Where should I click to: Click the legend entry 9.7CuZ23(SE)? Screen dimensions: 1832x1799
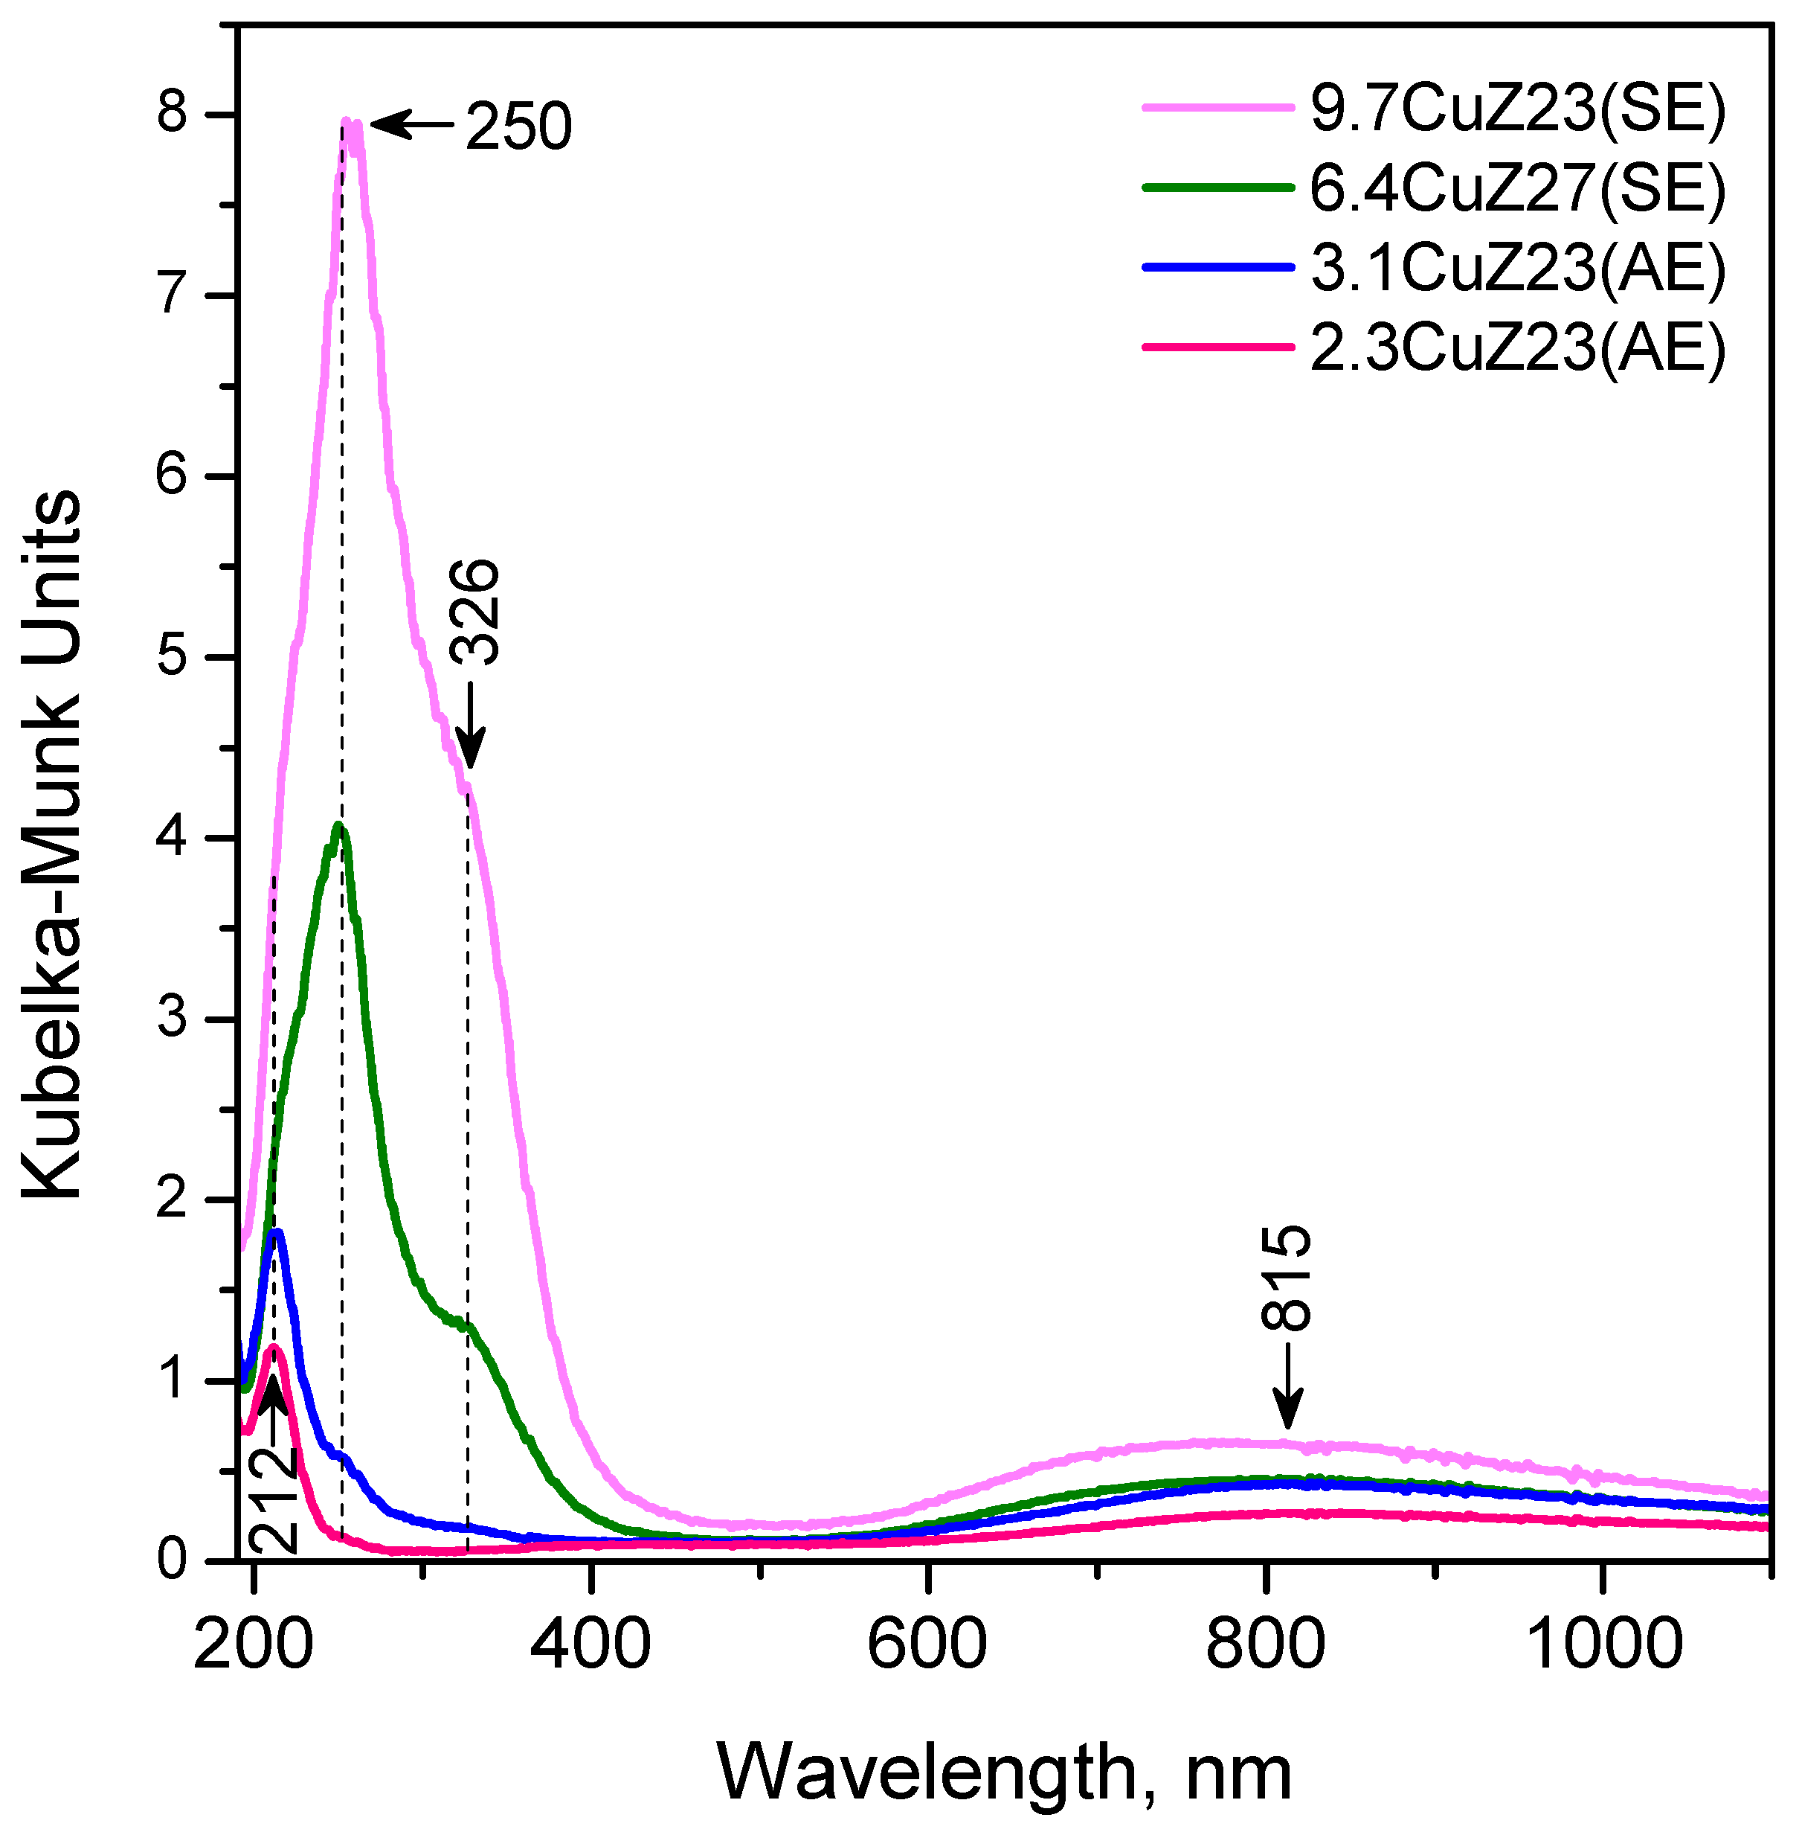(1516, 109)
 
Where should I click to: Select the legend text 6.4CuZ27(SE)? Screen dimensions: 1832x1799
(1516, 188)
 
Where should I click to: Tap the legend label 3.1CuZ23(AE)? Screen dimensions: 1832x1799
(1516, 269)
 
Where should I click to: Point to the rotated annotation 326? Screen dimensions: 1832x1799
(472, 612)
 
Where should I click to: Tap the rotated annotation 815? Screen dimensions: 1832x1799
(1287, 1278)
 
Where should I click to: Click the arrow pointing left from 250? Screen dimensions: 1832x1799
(411, 124)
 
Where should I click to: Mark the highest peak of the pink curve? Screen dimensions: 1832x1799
(347, 122)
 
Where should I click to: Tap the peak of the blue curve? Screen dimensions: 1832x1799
(277, 1232)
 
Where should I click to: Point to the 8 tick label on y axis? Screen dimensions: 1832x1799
(173, 115)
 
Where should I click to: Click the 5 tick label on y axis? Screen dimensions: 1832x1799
(173, 657)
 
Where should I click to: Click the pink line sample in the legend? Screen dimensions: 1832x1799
(1217, 109)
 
